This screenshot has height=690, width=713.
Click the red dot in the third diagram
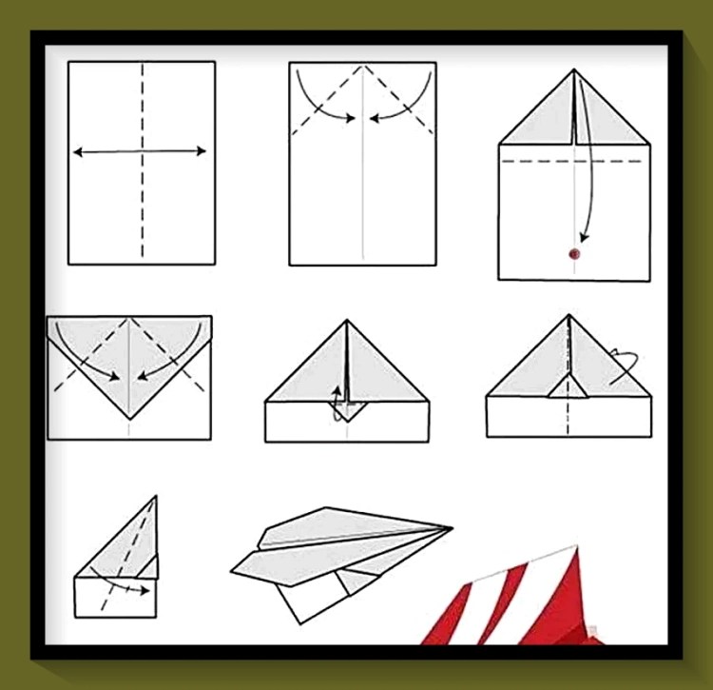click(x=573, y=254)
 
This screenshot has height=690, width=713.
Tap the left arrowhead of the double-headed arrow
click(x=77, y=151)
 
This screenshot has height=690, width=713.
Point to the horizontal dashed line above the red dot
click(x=532, y=161)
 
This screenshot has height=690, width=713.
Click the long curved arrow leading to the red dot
click(x=594, y=181)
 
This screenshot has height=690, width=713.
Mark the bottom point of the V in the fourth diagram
click(x=128, y=420)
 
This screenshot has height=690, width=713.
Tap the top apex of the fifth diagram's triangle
click(x=347, y=322)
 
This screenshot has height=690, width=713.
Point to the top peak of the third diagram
click(x=573, y=70)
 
